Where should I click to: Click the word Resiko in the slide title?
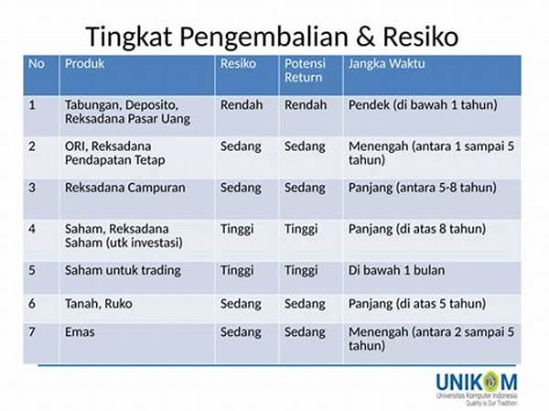click(x=421, y=37)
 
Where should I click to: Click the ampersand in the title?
click(x=365, y=37)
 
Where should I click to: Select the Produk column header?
click(x=85, y=64)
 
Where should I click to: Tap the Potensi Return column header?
click(x=305, y=70)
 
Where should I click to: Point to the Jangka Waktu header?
click(x=386, y=64)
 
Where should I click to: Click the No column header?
click(x=37, y=64)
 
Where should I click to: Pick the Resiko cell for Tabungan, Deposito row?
click(x=242, y=104)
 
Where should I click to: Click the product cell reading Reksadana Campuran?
click(x=125, y=188)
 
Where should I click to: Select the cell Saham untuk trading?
click(x=123, y=271)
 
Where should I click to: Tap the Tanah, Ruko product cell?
click(x=99, y=303)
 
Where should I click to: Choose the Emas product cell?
click(x=80, y=331)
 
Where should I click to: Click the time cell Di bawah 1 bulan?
click(x=397, y=270)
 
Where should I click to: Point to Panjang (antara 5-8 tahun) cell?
click(x=422, y=188)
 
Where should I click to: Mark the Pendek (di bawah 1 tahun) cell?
click(x=423, y=105)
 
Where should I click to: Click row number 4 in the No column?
click(x=32, y=229)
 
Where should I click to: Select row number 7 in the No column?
click(x=32, y=331)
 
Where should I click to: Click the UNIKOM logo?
click(x=477, y=388)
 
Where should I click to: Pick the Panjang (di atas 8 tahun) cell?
click(x=417, y=229)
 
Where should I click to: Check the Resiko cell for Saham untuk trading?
click(x=237, y=271)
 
